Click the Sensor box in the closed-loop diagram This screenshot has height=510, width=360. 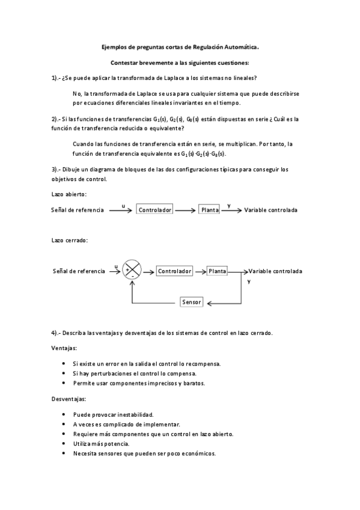tap(192, 301)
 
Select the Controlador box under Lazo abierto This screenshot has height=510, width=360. tap(155, 210)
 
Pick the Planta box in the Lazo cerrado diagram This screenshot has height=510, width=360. tap(218, 271)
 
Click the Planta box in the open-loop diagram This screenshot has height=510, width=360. tap(210, 210)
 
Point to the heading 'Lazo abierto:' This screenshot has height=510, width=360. tap(69, 194)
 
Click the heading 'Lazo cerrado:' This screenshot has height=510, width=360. tap(70, 241)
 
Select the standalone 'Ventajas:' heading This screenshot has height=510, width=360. tap(64, 348)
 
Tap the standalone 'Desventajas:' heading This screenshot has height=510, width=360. tap(69, 399)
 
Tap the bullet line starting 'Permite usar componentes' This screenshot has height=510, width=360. tap(138, 382)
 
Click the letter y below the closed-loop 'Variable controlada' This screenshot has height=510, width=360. tap(249, 281)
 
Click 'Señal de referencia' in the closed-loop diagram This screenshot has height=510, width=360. tap(79, 271)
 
